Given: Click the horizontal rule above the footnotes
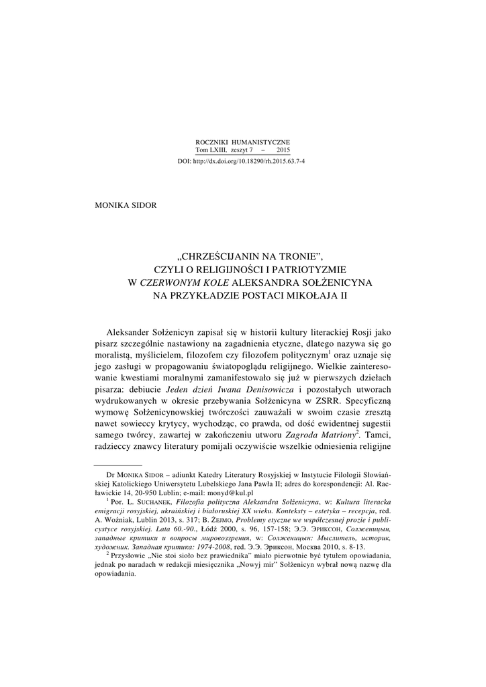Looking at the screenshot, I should click(118, 464).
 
